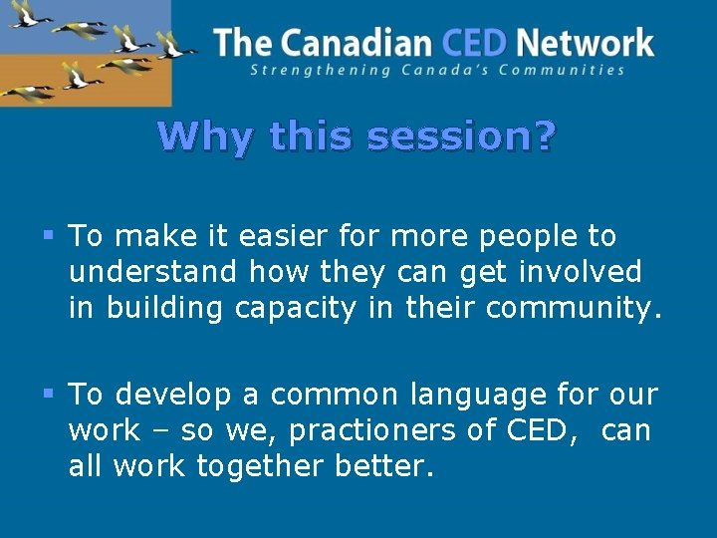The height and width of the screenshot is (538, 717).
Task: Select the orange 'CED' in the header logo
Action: tap(474, 43)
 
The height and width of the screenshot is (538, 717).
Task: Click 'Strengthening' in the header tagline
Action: tap(307, 70)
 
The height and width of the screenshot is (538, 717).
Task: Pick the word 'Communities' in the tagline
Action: tap(571, 70)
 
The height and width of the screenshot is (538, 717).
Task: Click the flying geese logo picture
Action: tap(85, 52)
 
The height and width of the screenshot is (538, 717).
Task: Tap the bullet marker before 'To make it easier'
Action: tap(50, 237)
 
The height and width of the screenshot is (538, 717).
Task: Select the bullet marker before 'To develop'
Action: tap(50, 396)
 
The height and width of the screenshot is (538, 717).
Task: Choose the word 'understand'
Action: tap(153, 272)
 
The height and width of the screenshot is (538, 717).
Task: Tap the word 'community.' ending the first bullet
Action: tap(573, 309)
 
